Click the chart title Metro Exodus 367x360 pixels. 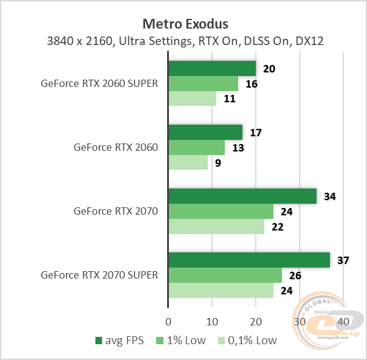click(x=185, y=24)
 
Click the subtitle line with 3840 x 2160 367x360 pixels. click(x=185, y=42)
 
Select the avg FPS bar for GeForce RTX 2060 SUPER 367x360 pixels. click(x=211, y=68)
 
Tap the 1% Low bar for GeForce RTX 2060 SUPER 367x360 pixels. click(x=203, y=83)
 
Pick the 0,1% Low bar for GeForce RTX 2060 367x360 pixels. click(x=188, y=162)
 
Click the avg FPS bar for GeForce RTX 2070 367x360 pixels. click(x=242, y=196)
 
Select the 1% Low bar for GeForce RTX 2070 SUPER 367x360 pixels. click(x=225, y=275)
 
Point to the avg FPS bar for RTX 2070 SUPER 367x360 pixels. click(x=249, y=260)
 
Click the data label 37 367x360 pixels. click(x=343, y=260)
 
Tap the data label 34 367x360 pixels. click(x=330, y=196)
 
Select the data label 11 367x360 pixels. click(x=230, y=99)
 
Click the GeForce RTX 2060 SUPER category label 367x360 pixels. click(x=100, y=84)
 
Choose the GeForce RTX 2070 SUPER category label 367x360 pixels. click(x=100, y=275)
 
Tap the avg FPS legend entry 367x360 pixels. click(x=120, y=341)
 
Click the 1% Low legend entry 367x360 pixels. click(x=181, y=341)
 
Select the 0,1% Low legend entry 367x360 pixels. click(x=247, y=341)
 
